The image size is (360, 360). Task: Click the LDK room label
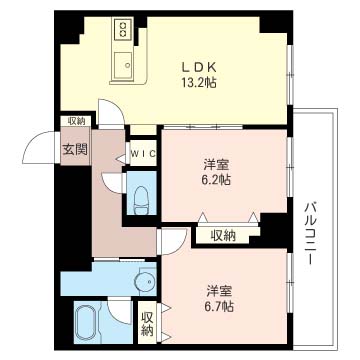199,67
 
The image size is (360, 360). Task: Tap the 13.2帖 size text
199,82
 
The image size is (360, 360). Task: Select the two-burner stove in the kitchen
123,28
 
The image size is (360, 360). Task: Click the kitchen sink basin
123,65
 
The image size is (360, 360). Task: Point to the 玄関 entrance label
75,150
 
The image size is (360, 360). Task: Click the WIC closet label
143,154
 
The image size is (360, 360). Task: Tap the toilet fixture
141,200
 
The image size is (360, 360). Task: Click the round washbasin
145,283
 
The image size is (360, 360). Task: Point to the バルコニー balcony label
310,233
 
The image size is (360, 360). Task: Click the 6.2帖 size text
217,180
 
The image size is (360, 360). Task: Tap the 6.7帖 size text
219,306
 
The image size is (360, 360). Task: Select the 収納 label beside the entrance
77,121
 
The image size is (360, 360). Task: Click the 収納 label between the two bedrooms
223,236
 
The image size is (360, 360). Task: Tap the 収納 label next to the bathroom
147,323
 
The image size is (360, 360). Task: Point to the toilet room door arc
107,183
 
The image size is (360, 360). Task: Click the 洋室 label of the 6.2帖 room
217,165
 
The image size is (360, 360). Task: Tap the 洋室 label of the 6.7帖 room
219,291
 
